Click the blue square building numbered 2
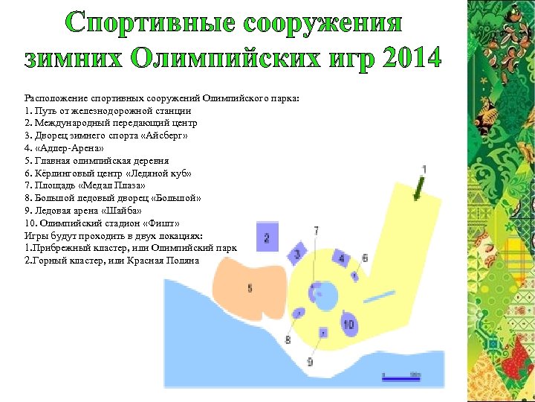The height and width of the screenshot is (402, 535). pyautogui.click(x=267, y=237)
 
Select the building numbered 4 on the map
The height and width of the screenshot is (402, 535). pyautogui.click(x=341, y=259)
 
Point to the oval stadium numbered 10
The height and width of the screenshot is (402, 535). pyautogui.click(x=348, y=324)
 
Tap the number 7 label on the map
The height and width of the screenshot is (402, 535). pyautogui.click(x=316, y=232)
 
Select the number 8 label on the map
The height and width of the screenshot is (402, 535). pyautogui.click(x=288, y=340)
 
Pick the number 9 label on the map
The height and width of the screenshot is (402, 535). pyautogui.click(x=310, y=362)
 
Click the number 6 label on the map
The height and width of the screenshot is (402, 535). pyautogui.click(x=364, y=258)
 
